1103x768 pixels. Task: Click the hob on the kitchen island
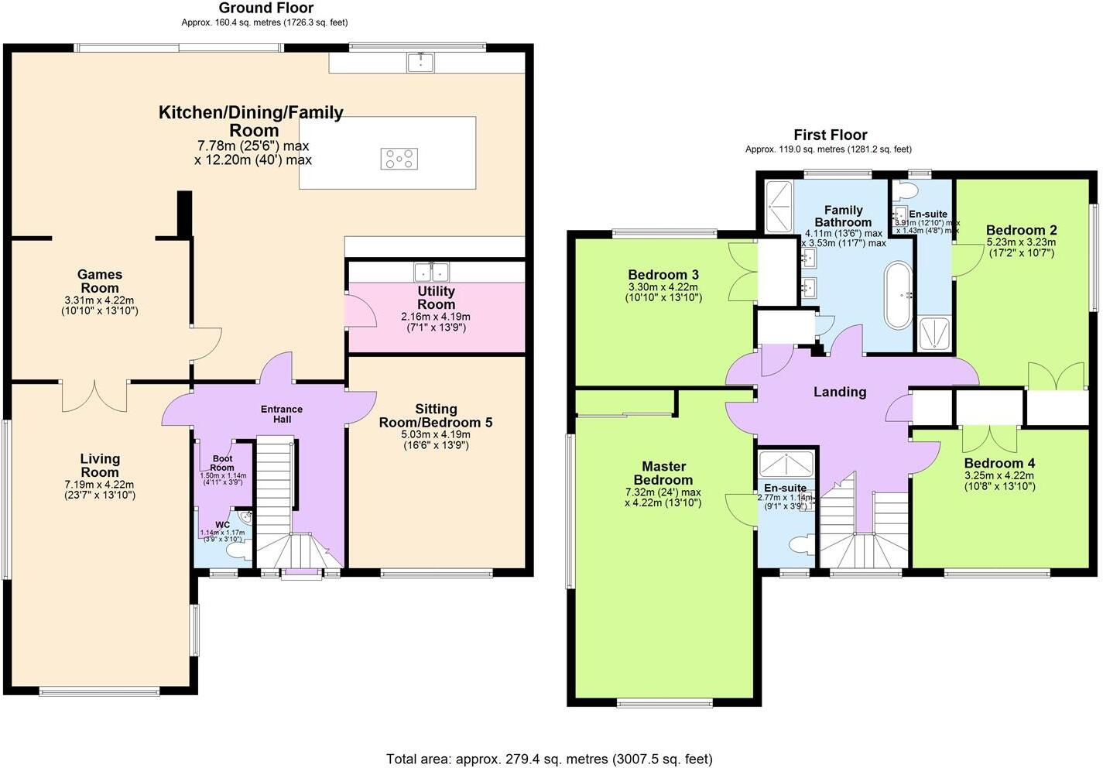[x=399, y=159]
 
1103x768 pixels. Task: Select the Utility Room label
[x=436, y=297]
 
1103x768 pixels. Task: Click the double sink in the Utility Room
[x=432, y=272]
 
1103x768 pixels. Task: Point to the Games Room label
[x=99, y=281]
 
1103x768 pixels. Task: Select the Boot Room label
[x=222, y=463]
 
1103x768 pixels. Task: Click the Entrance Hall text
[x=282, y=413]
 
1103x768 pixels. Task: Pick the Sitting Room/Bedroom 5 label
[x=435, y=416]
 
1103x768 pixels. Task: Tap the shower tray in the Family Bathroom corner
[x=778, y=206]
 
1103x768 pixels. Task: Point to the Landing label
[x=840, y=392]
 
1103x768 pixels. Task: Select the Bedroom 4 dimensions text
[x=999, y=481]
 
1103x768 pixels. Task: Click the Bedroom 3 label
[x=663, y=275]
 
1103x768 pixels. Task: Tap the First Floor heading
[x=830, y=135]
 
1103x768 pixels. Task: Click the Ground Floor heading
[x=266, y=9]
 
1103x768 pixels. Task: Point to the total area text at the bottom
[x=550, y=759]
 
